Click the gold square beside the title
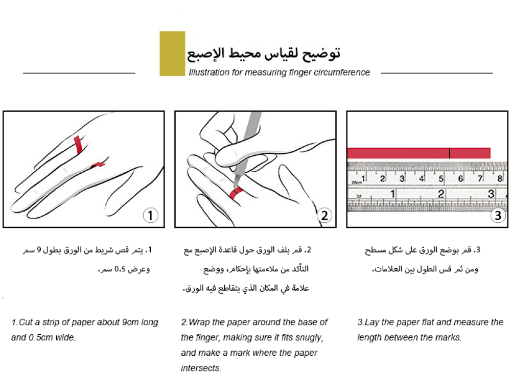point(172,54)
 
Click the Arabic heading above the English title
point(264,53)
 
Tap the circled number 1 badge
point(150,216)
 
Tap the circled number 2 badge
point(324,216)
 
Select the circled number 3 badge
point(498,216)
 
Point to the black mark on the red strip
point(450,153)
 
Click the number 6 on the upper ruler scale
point(460,178)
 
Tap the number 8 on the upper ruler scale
point(499,178)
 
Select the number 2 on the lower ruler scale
point(441,194)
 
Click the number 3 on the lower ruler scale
point(491,194)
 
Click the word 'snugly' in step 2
point(309,338)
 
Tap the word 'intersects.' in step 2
point(201,369)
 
